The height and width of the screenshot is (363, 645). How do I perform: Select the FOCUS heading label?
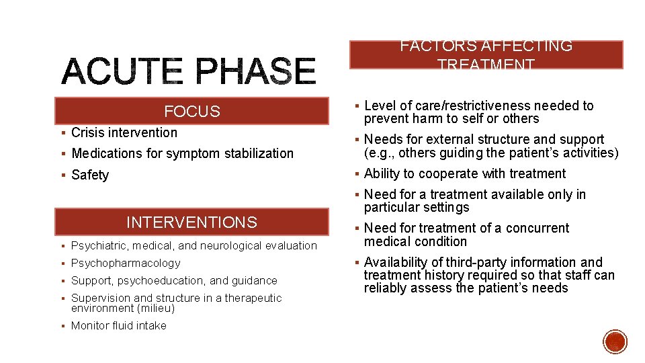pyautogui.click(x=192, y=112)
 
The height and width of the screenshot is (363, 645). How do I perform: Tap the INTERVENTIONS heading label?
pyautogui.click(x=191, y=222)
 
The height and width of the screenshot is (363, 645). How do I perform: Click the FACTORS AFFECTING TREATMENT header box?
pyautogui.click(x=486, y=55)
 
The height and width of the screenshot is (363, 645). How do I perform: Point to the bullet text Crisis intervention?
pyautogui.click(x=124, y=132)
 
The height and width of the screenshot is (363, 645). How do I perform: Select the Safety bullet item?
pyautogui.click(x=90, y=175)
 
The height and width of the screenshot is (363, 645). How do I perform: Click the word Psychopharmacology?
pyautogui.click(x=126, y=263)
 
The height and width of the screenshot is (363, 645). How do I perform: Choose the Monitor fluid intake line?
pyautogui.click(x=119, y=325)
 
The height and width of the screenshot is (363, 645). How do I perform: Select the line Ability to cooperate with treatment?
pyautogui.click(x=465, y=173)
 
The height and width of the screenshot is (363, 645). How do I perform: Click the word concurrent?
pyautogui.click(x=537, y=228)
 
